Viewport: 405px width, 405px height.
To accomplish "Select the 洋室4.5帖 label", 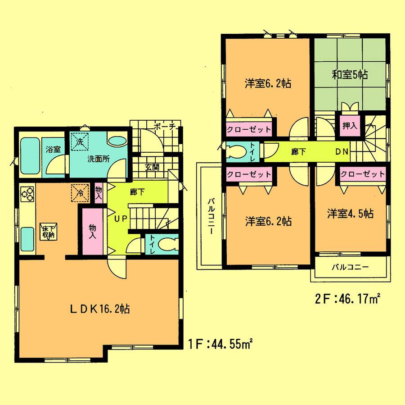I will pos(350,214).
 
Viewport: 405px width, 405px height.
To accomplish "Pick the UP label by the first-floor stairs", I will pos(119,219).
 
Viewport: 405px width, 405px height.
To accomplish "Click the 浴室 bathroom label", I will pos(53,149).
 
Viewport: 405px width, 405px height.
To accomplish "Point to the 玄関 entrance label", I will pos(152,167).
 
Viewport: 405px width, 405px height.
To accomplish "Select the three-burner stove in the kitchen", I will pos(27,195).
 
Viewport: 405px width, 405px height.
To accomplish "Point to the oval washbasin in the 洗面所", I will pos(117,141).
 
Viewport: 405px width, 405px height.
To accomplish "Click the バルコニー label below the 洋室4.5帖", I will pos(351,267).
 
